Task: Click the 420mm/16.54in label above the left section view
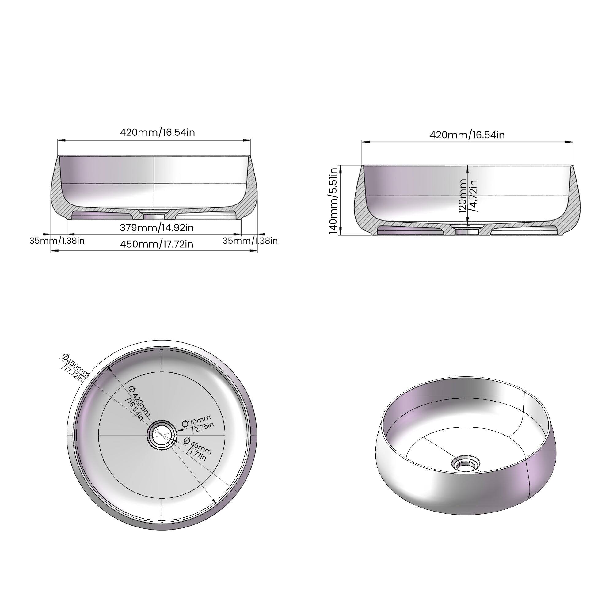(157, 132)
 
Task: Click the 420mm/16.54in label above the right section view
(467, 135)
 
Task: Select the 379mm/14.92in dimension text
(157, 227)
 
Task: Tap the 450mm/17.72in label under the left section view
(157, 244)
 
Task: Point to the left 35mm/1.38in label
(57, 241)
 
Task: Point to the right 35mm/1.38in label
(250, 241)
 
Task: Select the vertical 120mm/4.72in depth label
(468, 196)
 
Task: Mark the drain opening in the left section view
(154, 216)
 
